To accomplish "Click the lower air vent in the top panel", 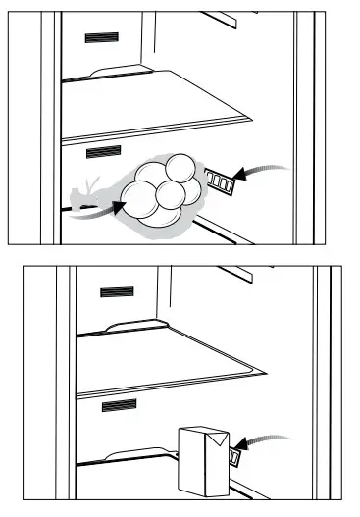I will tap(102, 153).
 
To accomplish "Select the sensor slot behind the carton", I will tap(237, 456).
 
